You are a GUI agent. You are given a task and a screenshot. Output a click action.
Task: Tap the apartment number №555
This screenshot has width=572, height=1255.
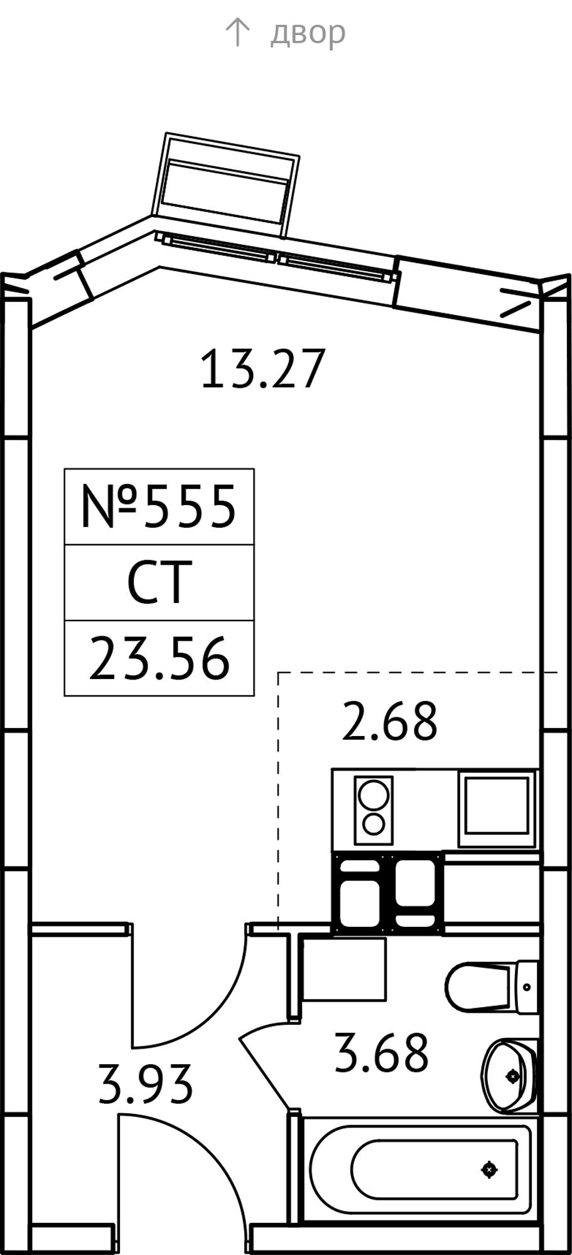[x=159, y=506]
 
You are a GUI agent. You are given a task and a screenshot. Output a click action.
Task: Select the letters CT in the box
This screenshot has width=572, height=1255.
[x=159, y=583]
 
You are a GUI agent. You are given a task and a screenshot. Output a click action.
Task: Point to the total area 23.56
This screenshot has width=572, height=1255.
[x=159, y=659]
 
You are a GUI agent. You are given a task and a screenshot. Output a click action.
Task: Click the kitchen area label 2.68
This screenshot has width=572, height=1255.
[x=389, y=721]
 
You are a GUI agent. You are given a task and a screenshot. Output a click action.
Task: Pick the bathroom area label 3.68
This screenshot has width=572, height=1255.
[x=381, y=1052]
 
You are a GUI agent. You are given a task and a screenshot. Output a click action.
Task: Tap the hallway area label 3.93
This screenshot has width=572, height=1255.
[x=145, y=1084]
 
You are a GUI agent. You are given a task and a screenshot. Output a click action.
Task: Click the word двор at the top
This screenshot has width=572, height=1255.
[x=308, y=32]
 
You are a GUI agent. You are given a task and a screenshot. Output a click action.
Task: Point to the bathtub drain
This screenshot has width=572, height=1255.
[x=489, y=1169]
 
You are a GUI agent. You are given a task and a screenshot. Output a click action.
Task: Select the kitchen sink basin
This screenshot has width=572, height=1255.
[x=496, y=805]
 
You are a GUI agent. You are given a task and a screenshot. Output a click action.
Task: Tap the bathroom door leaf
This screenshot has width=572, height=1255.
[x=264, y=1073]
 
